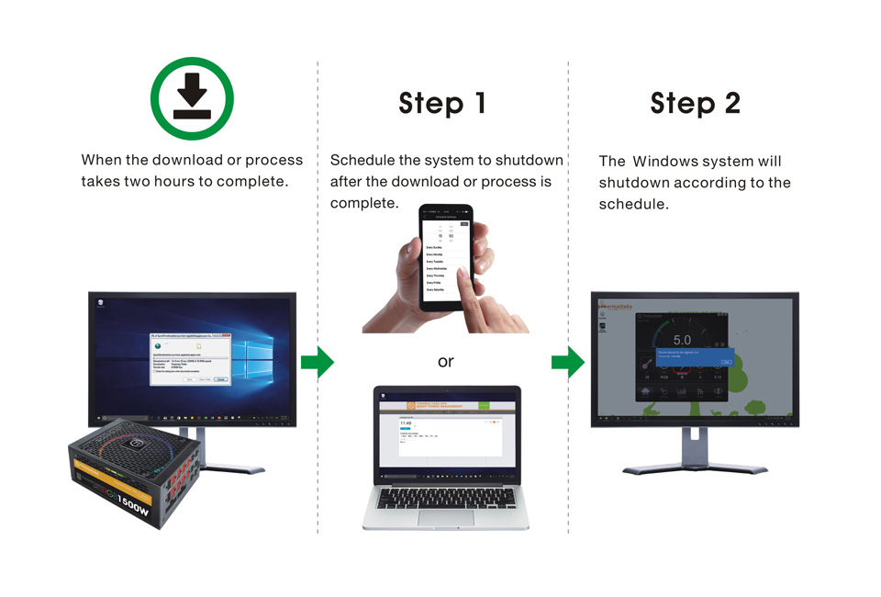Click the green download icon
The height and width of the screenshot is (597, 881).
coord(192,99)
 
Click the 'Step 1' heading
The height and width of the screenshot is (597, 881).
coord(442,104)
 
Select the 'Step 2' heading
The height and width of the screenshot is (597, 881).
coord(695,104)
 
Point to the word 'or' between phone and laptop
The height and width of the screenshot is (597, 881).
coord(445,362)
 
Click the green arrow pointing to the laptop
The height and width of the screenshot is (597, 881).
coord(318,363)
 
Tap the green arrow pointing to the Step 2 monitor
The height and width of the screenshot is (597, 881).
coord(568,363)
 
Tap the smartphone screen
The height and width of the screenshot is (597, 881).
coord(445,253)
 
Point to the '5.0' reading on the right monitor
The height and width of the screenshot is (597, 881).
coord(682,341)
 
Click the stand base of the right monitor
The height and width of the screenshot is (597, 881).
coord(695,468)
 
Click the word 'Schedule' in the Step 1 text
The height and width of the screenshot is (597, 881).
coord(363,161)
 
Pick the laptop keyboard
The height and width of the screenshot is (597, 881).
coord(445,498)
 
